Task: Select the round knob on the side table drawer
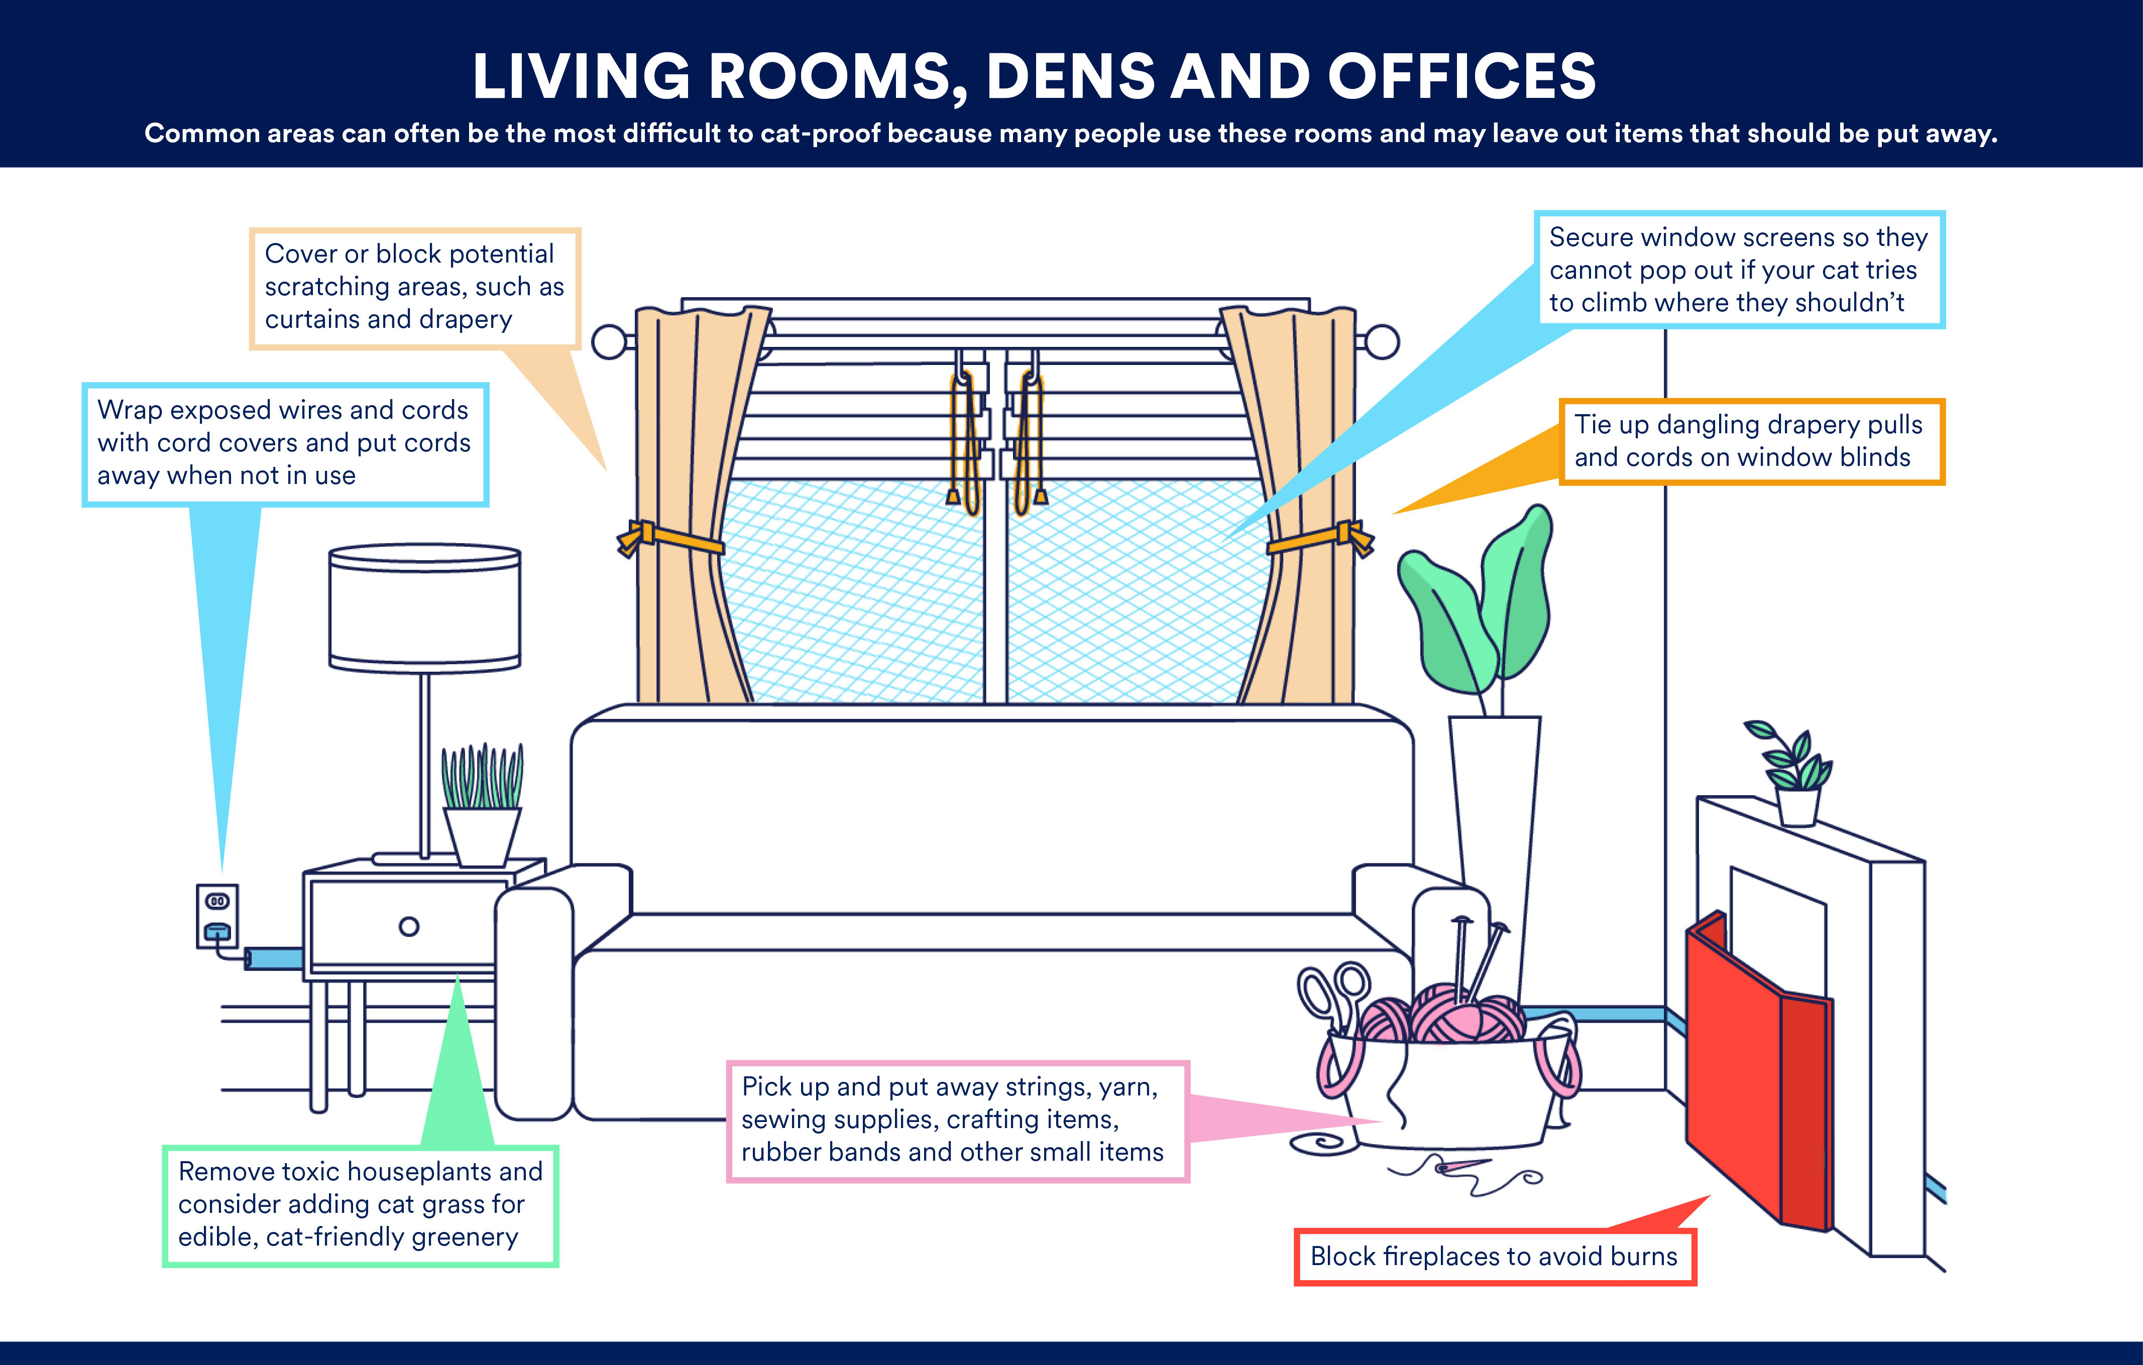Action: click(x=408, y=926)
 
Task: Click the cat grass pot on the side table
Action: click(x=482, y=835)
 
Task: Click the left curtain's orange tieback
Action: click(x=676, y=538)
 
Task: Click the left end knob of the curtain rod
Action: click(x=609, y=342)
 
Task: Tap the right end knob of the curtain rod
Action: click(x=1382, y=342)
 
